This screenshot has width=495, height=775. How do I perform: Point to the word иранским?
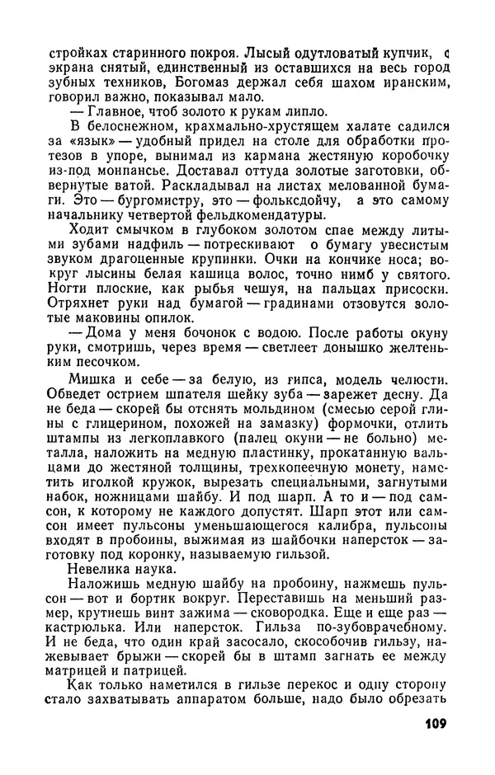click(x=416, y=83)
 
